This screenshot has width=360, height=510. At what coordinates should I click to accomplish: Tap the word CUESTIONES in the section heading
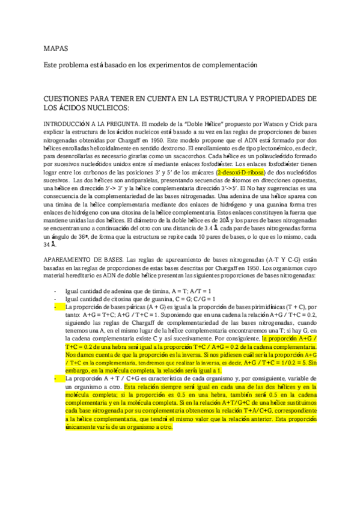click(67, 98)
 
